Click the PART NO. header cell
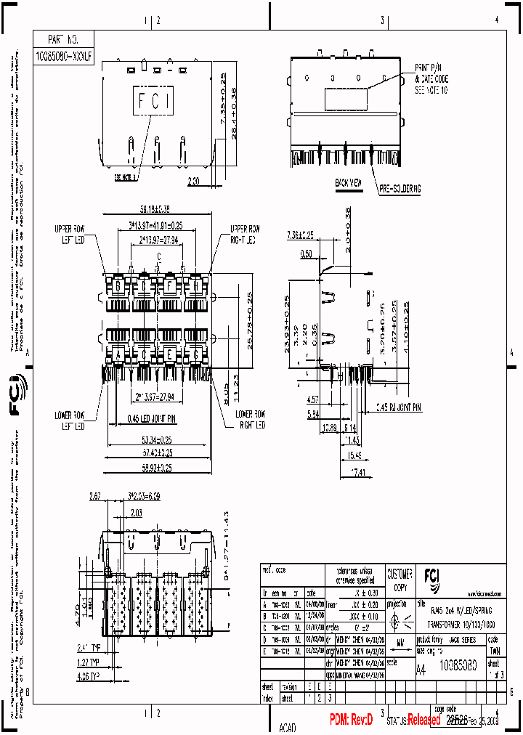[x=61, y=39]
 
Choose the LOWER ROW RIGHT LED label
[x=249, y=419]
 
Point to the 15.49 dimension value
[x=354, y=455]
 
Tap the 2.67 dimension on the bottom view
[x=95, y=497]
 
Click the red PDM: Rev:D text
[x=351, y=720]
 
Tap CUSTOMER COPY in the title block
[x=400, y=579]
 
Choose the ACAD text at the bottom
[x=288, y=726]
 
